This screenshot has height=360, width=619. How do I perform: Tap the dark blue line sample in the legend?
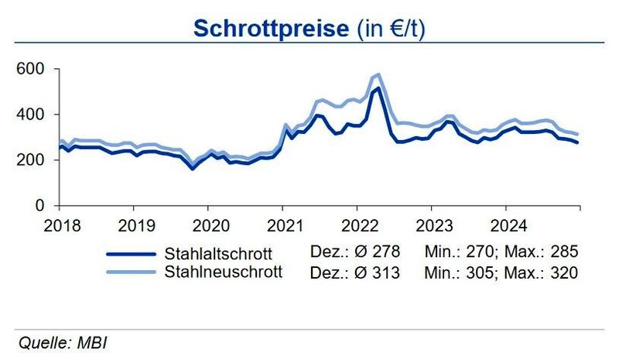click(131, 253)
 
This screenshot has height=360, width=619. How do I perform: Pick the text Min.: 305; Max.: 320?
click(501, 272)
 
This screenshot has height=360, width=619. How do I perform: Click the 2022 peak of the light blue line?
click(377, 75)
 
